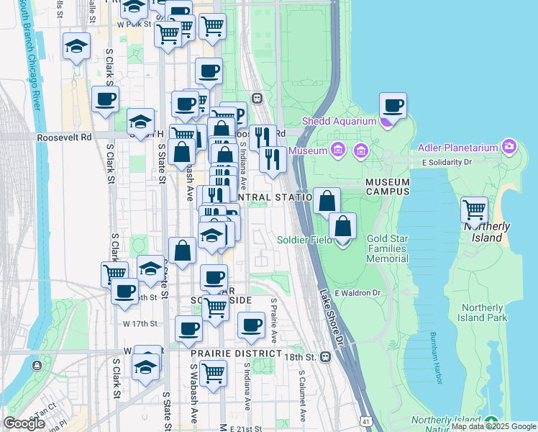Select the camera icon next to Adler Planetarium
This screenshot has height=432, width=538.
pyautogui.click(x=509, y=147)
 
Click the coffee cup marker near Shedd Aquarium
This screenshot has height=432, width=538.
pyautogui.click(x=393, y=106)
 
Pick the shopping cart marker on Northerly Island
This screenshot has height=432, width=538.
pyautogui.click(x=475, y=210)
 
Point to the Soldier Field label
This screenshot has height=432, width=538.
pyautogui.click(x=304, y=239)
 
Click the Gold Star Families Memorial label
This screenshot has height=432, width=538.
pyautogui.click(x=388, y=248)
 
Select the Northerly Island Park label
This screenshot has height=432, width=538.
pyautogui.click(x=484, y=312)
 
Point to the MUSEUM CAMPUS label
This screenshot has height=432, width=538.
pyautogui.click(x=387, y=186)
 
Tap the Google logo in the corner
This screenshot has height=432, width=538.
pyautogui.click(x=24, y=423)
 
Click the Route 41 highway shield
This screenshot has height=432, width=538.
pyautogui.click(x=367, y=420)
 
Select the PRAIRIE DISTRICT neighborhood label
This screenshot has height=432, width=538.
pyautogui.click(x=236, y=354)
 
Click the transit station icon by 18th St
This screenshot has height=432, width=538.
pyautogui.click(x=326, y=356)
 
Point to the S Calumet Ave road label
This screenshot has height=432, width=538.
pyautogui.click(x=302, y=396)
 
